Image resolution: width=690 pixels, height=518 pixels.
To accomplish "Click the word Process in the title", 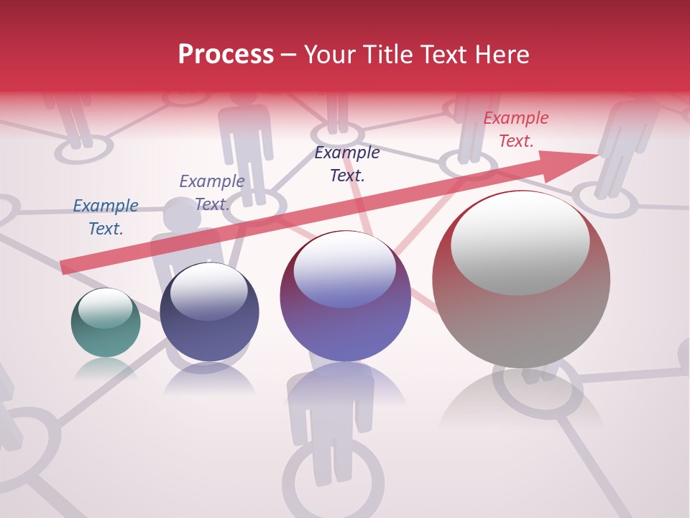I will [226, 55].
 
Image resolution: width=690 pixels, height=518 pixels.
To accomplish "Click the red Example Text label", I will [516, 129].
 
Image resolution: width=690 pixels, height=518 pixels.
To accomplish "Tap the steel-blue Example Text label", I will [106, 217].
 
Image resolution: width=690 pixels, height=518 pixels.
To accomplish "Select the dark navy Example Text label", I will [347, 163].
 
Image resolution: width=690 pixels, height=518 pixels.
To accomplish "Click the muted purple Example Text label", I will [212, 192].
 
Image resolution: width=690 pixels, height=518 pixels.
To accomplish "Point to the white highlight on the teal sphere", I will [106, 308].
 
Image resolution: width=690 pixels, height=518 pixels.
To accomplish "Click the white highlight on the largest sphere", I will [520, 242].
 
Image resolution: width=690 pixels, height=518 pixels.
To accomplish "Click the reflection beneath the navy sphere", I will [209, 379].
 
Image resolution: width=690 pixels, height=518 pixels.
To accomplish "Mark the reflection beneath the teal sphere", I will [106, 368].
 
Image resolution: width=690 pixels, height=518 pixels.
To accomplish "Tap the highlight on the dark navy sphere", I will [209, 291].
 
